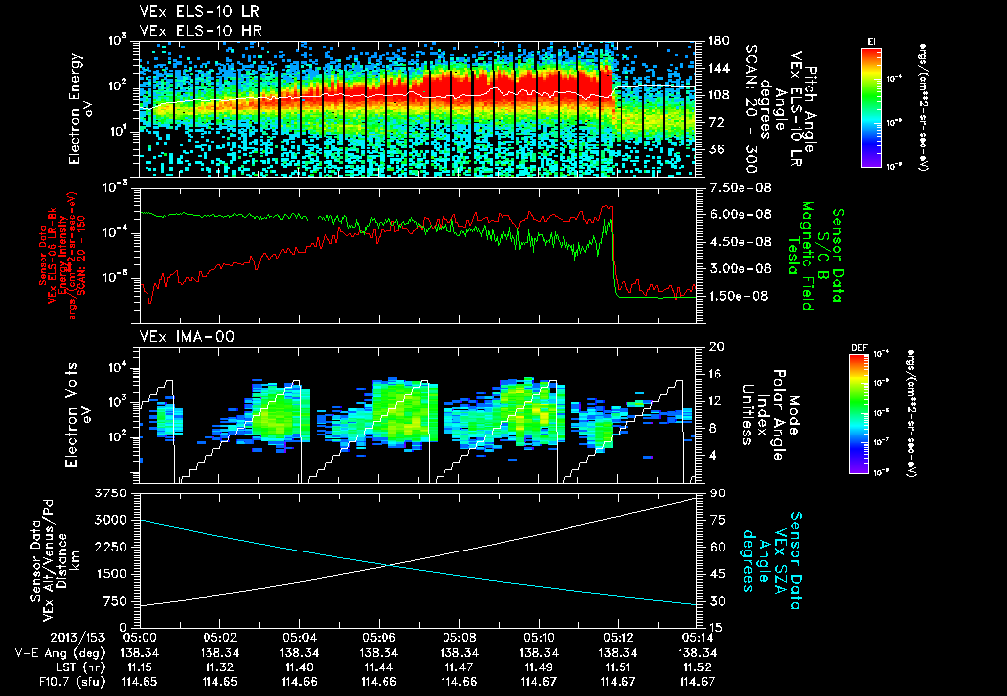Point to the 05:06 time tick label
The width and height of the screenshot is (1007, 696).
point(379,637)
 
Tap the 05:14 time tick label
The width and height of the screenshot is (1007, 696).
point(696,637)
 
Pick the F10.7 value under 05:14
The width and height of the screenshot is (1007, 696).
point(696,681)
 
